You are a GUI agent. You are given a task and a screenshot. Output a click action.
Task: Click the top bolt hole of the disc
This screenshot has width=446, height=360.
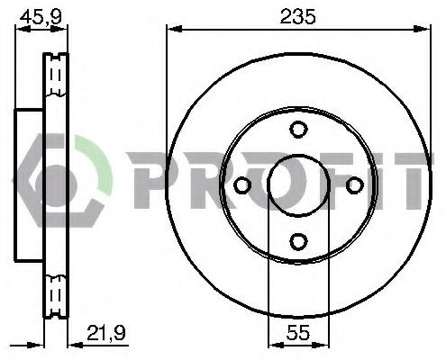point(297,130)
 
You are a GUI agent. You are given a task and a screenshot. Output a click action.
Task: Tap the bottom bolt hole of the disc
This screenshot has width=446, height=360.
point(297,240)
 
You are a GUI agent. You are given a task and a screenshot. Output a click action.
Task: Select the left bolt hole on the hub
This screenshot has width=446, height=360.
point(241,184)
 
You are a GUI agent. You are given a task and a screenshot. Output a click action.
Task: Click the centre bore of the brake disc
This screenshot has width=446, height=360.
point(297,184)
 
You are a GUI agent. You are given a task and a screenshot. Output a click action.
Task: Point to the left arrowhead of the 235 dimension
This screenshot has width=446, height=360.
point(170,31)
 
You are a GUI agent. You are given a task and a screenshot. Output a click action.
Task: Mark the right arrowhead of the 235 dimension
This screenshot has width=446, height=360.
point(423,31)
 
